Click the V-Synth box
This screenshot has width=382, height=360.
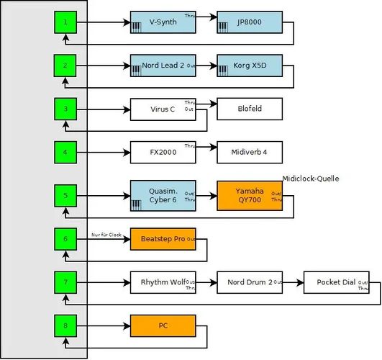[x=163, y=22]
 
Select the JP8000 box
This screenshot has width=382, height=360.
[x=250, y=22]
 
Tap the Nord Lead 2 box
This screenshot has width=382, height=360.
[x=163, y=66]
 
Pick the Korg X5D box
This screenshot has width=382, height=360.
[x=250, y=66]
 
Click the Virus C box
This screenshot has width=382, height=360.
[x=163, y=109]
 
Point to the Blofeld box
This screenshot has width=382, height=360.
[x=250, y=109]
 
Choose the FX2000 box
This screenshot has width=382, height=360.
[x=163, y=153]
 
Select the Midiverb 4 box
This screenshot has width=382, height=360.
[x=250, y=153]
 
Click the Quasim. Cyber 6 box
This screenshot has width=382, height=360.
[x=163, y=195]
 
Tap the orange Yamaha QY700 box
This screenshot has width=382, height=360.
[x=250, y=195]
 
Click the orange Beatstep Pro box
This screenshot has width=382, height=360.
[x=163, y=238]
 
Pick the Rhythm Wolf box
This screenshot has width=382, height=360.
[x=163, y=282]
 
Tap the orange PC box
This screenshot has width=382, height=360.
[x=163, y=325]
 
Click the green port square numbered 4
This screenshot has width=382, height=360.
[x=65, y=153]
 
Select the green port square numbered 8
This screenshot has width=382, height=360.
[x=65, y=325]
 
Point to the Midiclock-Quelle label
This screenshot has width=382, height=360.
[x=310, y=179]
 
